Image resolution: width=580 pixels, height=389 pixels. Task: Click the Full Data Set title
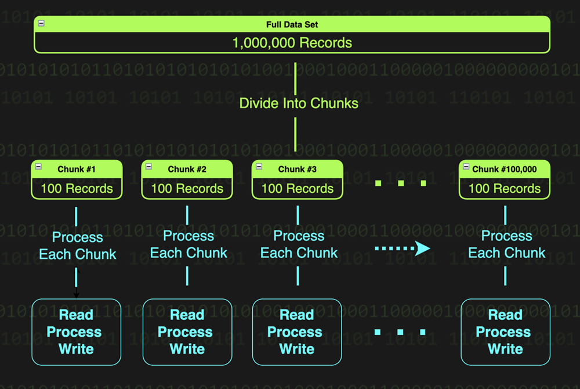point(292,25)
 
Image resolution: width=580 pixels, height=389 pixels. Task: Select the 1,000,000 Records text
point(292,42)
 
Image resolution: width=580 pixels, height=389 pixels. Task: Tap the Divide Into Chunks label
point(299,103)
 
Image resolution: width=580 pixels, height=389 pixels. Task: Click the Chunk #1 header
point(77,170)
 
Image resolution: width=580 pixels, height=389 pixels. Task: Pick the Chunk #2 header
point(187,170)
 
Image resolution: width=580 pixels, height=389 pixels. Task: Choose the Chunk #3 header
point(297,170)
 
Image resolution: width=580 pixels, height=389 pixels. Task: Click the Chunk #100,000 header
point(505,170)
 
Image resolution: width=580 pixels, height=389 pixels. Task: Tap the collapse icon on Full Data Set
point(41,23)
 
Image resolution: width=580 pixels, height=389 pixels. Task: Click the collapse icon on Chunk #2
point(148,167)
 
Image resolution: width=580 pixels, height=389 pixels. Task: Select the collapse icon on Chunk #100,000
point(466,167)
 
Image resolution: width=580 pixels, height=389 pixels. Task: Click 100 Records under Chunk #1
point(77,189)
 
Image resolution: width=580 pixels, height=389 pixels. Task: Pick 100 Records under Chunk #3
point(297,189)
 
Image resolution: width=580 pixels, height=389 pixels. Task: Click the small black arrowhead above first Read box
point(76,295)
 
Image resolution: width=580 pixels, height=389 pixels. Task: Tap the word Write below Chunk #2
point(187,349)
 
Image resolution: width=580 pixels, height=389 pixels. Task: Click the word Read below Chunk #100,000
point(505,315)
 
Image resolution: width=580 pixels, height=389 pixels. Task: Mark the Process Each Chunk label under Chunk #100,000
point(506,244)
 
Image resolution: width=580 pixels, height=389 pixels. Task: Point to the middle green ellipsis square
point(401,183)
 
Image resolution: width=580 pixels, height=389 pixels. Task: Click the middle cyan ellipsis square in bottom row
point(400,333)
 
